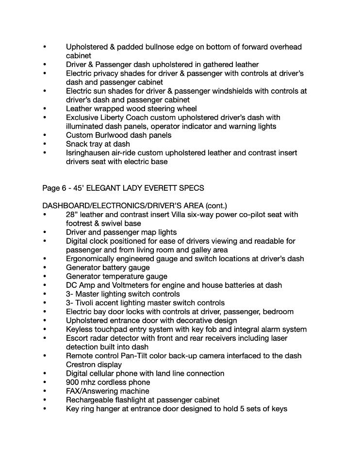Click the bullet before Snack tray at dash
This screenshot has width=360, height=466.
[45, 144]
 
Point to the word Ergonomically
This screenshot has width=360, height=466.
[90, 259]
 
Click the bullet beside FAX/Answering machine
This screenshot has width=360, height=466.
[45, 391]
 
